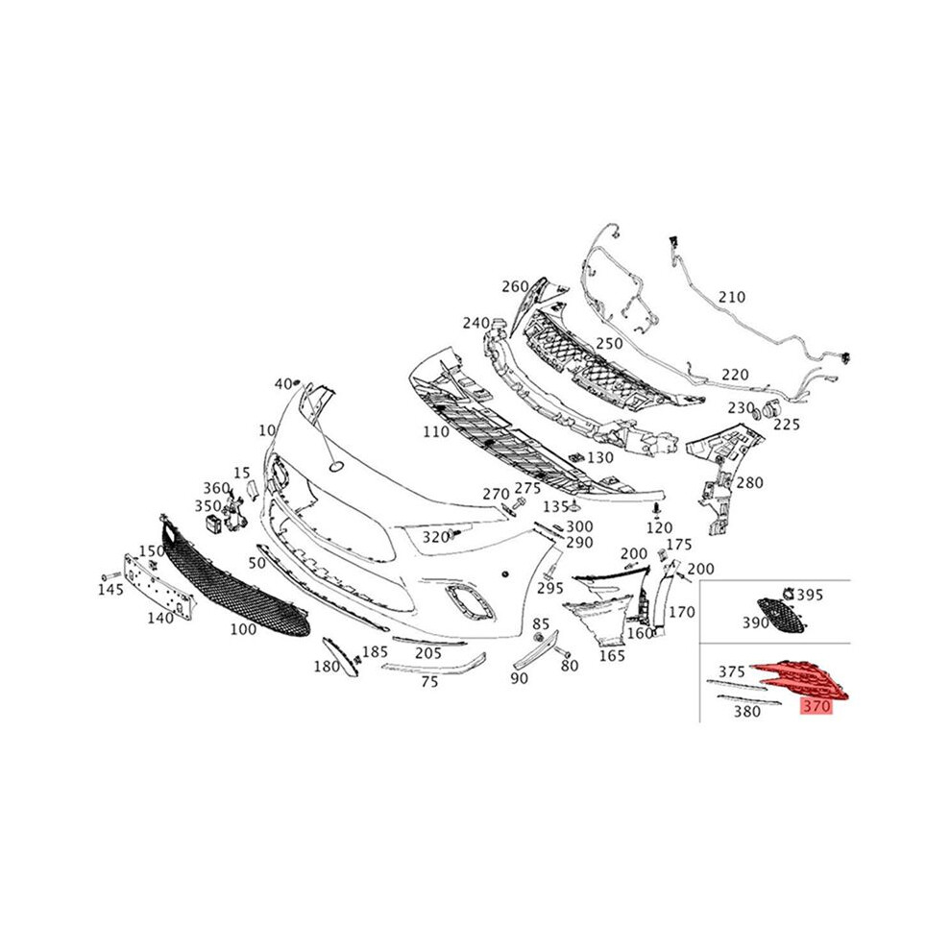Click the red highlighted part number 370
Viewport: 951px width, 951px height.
coord(817,706)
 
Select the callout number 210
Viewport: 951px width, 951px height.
coord(731,297)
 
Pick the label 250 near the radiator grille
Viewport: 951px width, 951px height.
coord(609,343)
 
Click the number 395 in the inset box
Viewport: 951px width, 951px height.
coord(810,595)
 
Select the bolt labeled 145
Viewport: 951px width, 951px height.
coord(111,575)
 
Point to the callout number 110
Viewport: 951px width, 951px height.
coord(436,432)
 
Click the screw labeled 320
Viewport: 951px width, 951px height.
coord(456,534)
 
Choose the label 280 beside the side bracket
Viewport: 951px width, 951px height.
coord(749,483)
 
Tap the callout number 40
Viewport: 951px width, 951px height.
coord(283,384)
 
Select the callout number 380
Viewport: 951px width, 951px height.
coord(746,711)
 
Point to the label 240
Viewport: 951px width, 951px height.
coord(476,324)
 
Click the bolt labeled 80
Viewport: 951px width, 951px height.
coord(562,654)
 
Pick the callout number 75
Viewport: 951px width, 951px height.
coord(429,682)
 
